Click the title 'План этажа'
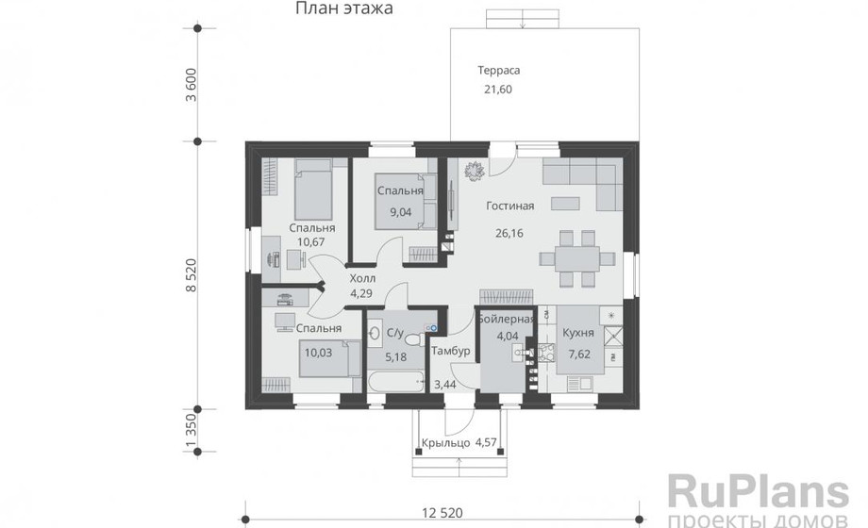click(343, 8)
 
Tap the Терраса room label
click(499, 71)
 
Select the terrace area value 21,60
click(498, 90)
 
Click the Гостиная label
click(509, 206)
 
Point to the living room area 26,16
click(509, 233)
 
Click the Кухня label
click(578, 333)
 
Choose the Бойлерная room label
click(507, 319)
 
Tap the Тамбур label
click(451, 351)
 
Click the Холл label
click(362, 278)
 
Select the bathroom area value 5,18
click(396, 357)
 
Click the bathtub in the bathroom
click(396, 381)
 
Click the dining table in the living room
click(576, 258)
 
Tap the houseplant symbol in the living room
click(475, 171)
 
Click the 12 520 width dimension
click(442, 513)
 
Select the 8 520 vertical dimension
click(191, 275)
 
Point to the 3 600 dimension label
click(191, 85)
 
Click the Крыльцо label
click(445, 443)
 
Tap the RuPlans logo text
click(758, 491)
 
